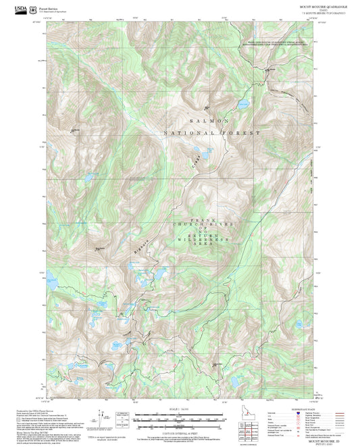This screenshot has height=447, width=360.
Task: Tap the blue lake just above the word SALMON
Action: point(240,104)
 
